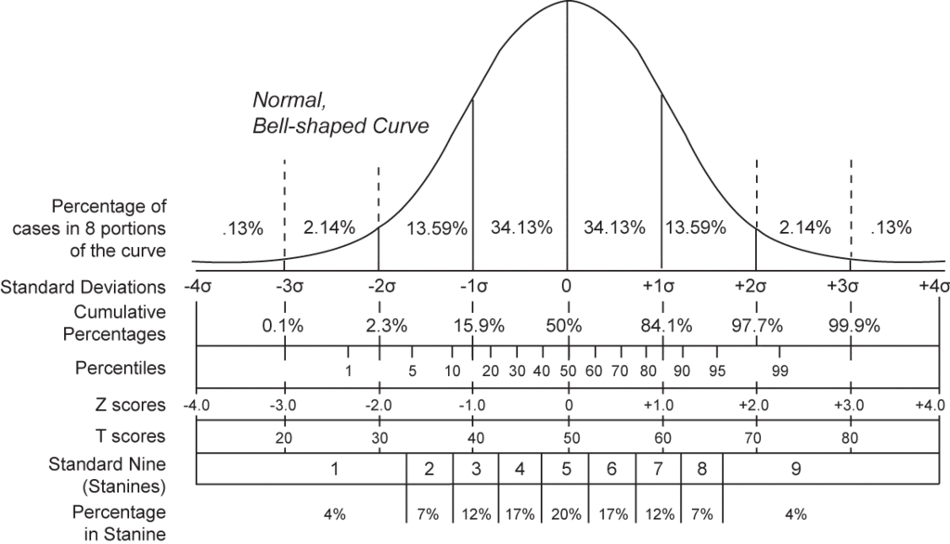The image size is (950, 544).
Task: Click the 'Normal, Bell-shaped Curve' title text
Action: tap(340, 112)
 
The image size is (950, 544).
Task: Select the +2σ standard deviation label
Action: tap(756, 286)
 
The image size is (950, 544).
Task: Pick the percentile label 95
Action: tap(717, 370)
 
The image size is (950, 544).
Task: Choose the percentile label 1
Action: tap(348, 370)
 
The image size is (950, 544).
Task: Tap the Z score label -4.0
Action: tap(197, 406)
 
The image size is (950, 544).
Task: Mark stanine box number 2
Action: tap(430, 469)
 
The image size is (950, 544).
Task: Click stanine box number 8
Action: tap(701, 469)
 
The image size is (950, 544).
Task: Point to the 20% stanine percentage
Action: tap(566, 512)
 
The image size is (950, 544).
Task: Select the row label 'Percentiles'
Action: tap(121, 369)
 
